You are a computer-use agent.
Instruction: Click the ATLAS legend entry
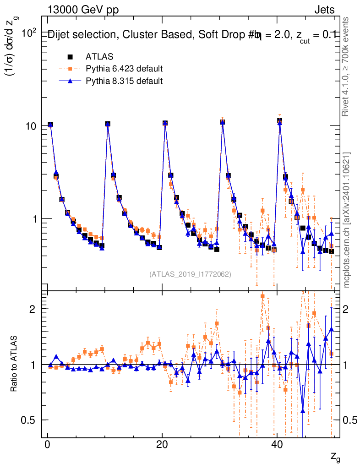coord(96,57)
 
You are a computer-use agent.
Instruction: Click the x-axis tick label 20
coord(162,446)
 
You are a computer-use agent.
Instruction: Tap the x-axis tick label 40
coord(276,446)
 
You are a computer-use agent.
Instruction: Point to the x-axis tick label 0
coord(47,446)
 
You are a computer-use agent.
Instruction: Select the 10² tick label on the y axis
coord(28,33)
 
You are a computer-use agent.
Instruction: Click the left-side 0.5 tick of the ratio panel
coord(29,420)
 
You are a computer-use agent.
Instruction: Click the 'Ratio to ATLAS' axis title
coord(14,364)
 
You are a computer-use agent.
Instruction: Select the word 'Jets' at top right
coord(324,10)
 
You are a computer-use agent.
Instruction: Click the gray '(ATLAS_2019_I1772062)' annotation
coord(190,274)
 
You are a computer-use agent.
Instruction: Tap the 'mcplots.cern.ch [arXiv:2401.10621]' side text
coord(347,220)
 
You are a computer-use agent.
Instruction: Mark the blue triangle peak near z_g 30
coord(222,123)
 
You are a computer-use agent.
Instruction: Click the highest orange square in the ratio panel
coord(262,296)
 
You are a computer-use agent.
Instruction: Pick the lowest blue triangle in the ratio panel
coord(303,410)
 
